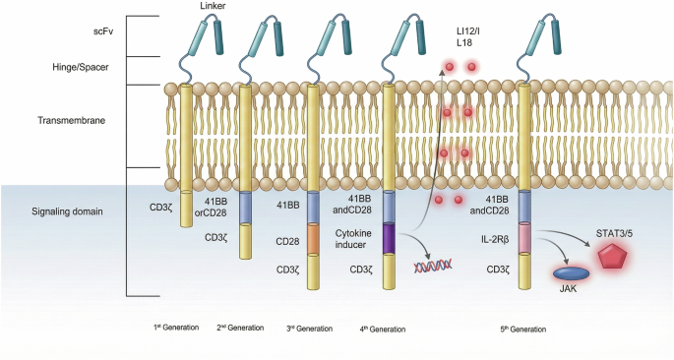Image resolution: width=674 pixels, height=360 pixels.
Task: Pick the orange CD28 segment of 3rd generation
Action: pos(314,238)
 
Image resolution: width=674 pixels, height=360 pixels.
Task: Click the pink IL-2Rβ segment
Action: pos(524,238)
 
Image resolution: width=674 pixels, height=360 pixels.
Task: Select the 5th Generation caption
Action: pos(523,328)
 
